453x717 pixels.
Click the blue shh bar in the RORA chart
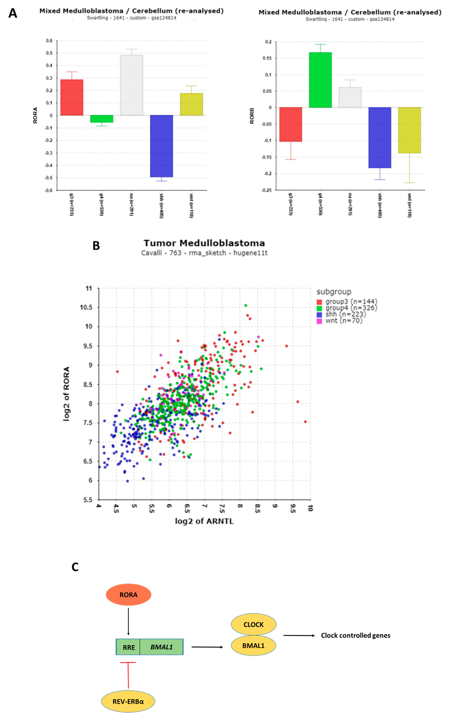click(x=161, y=146)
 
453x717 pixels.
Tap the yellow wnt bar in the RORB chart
click(x=409, y=130)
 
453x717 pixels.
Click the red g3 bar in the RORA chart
click(x=72, y=97)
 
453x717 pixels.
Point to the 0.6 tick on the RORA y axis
click(x=49, y=41)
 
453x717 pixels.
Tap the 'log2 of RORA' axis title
click(x=66, y=394)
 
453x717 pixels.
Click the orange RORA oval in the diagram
click(x=129, y=595)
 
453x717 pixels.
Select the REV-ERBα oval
click(x=128, y=701)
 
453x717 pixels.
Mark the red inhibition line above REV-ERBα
click(x=128, y=675)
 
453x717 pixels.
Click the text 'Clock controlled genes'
click(x=356, y=635)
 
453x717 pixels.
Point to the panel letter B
click(x=96, y=246)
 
